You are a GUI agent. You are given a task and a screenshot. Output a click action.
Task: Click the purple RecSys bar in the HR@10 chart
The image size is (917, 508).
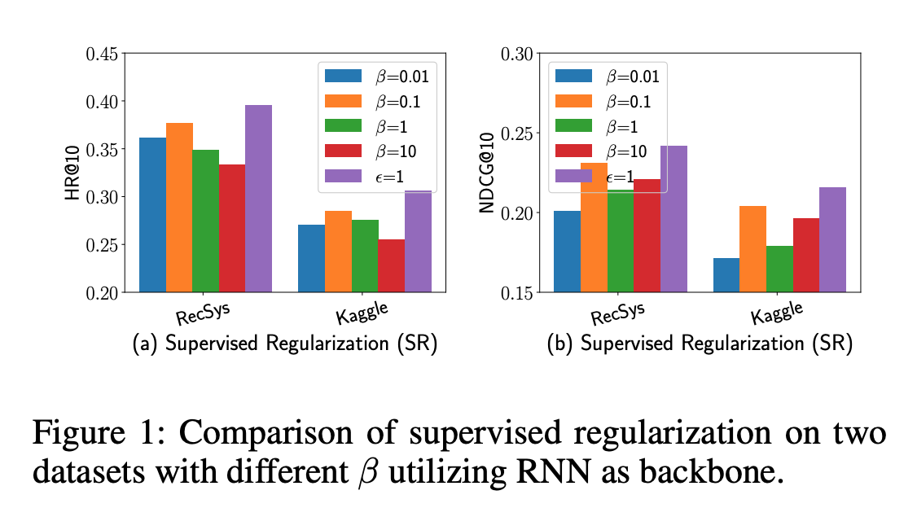pos(258,198)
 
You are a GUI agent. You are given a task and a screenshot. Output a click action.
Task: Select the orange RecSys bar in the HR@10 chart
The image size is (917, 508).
pos(179,208)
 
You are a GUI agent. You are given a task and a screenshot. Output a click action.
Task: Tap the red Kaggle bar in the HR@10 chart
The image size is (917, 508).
pos(391,265)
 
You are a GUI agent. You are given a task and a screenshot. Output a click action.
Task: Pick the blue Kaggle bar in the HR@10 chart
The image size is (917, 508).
pos(312,258)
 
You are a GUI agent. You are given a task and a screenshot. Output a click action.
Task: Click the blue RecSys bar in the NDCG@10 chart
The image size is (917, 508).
pos(568,252)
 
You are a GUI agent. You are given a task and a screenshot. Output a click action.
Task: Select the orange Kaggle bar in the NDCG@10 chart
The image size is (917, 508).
pos(752,249)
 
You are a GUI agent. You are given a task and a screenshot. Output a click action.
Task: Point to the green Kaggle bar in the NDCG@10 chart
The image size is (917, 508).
pos(779,269)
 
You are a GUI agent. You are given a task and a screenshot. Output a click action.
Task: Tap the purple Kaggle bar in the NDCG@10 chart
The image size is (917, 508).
pos(833,239)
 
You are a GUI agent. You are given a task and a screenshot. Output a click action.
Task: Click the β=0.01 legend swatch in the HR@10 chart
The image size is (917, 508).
pos(344,76)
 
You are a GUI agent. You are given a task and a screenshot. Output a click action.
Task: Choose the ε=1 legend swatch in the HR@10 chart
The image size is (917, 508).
pos(344,176)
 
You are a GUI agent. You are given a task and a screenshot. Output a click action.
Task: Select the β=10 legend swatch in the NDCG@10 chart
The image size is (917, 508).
pos(573,151)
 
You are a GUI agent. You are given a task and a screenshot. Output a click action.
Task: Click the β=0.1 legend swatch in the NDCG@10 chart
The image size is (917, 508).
pos(573,101)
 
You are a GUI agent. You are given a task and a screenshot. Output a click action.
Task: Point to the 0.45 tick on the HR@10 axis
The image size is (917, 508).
pos(121,54)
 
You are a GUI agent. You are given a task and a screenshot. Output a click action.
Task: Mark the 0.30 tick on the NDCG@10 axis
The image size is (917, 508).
pos(537,54)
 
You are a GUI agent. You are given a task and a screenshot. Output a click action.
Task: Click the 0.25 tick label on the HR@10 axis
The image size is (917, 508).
pos(102,245)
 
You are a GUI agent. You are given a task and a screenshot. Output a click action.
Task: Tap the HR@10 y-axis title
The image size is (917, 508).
pos(72,173)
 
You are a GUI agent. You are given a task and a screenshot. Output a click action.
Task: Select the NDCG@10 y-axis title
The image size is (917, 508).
pos(486,173)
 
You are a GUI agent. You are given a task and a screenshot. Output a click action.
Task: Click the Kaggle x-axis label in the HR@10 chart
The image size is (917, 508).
pos(362,313)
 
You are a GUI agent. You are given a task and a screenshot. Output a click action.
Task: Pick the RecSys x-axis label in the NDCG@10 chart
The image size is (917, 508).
pos(617,314)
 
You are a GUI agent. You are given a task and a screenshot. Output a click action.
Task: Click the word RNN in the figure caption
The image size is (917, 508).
pos(553,471)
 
